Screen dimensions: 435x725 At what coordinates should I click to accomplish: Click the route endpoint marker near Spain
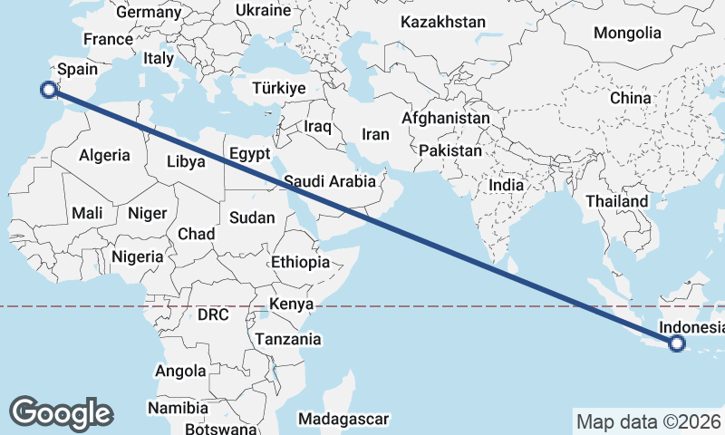tap(49, 89)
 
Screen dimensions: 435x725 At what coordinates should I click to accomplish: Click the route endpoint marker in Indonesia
tap(676, 343)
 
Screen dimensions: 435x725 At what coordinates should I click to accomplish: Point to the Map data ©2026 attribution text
tap(648, 421)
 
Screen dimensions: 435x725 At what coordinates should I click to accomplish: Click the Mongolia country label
tap(627, 33)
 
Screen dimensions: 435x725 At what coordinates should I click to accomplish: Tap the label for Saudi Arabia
tap(329, 181)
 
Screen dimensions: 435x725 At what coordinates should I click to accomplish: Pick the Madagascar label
tap(343, 420)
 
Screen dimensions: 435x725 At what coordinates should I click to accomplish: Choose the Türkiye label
tap(279, 88)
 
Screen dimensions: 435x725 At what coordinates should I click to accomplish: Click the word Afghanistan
tap(445, 119)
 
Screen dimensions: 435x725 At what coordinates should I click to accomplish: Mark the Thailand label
tap(617, 201)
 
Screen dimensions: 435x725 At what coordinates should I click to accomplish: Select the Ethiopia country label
tap(300, 262)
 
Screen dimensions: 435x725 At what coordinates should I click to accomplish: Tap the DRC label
tap(213, 315)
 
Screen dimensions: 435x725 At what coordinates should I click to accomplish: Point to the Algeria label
tap(104, 155)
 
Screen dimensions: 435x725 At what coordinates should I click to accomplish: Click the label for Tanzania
tap(288, 339)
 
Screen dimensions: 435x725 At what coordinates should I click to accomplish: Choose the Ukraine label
tap(263, 10)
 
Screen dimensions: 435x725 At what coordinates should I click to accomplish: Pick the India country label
tap(506, 185)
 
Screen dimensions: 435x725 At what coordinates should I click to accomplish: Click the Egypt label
tap(249, 153)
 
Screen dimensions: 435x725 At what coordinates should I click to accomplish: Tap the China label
tap(630, 98)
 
